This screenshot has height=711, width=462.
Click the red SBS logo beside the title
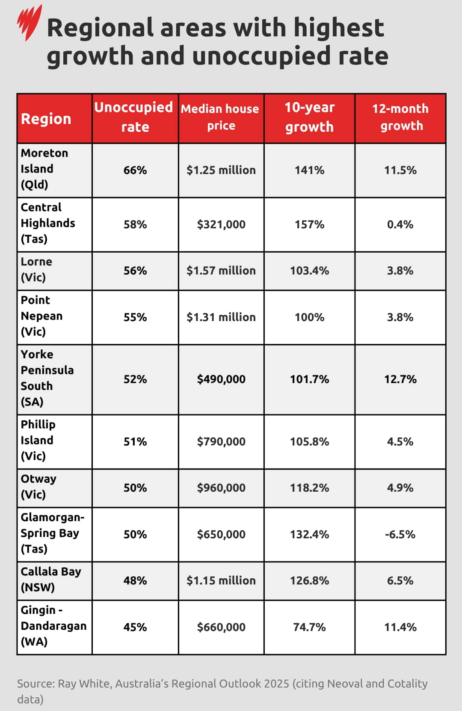click(x=29, y=22)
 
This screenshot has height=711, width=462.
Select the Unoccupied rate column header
click(x=135, y=117)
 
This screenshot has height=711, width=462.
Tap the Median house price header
click(x=221, y=117)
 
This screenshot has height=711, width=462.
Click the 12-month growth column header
click(x=400, y=117)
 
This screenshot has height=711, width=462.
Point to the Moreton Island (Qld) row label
click(x=44, y=169)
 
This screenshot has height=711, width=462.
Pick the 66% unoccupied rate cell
click(x=135, y=170)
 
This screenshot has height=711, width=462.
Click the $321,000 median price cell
click(x=221, y=224)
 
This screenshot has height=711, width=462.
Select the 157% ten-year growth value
click(x=309, y=224)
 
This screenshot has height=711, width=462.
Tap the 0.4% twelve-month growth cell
click(x=400, y=224)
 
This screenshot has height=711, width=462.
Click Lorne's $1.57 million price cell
click(x=221, y=271)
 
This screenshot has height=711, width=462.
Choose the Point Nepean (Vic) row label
click(x=41, y=316)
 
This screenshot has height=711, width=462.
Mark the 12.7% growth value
click(x=400, y=379)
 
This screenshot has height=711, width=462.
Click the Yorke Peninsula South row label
click(x=47, y=378)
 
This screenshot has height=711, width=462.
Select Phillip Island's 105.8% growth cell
click(x=309, y=442)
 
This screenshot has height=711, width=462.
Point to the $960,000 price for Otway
click(x=221, y=488)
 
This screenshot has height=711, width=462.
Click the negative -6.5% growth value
click(x=400, y=534)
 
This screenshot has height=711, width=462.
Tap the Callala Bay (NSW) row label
click(x=50, y=579)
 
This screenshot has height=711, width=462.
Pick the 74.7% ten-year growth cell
click(x=309, y=627)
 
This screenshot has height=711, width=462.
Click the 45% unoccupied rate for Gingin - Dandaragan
click(x=135, y=627)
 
